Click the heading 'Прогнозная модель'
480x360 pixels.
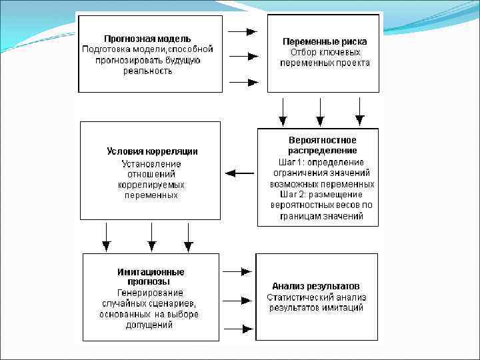click(147, 39)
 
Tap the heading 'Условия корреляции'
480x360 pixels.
click(152, 151)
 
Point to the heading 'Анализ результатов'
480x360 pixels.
click(316, 286)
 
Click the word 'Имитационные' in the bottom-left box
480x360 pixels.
click(151, 272)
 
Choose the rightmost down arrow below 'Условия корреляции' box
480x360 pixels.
click(188, 236)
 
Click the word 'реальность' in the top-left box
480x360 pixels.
click(147, 71)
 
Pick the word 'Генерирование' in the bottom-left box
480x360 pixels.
click(151, 293)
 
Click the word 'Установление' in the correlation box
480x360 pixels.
click(151, 164)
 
